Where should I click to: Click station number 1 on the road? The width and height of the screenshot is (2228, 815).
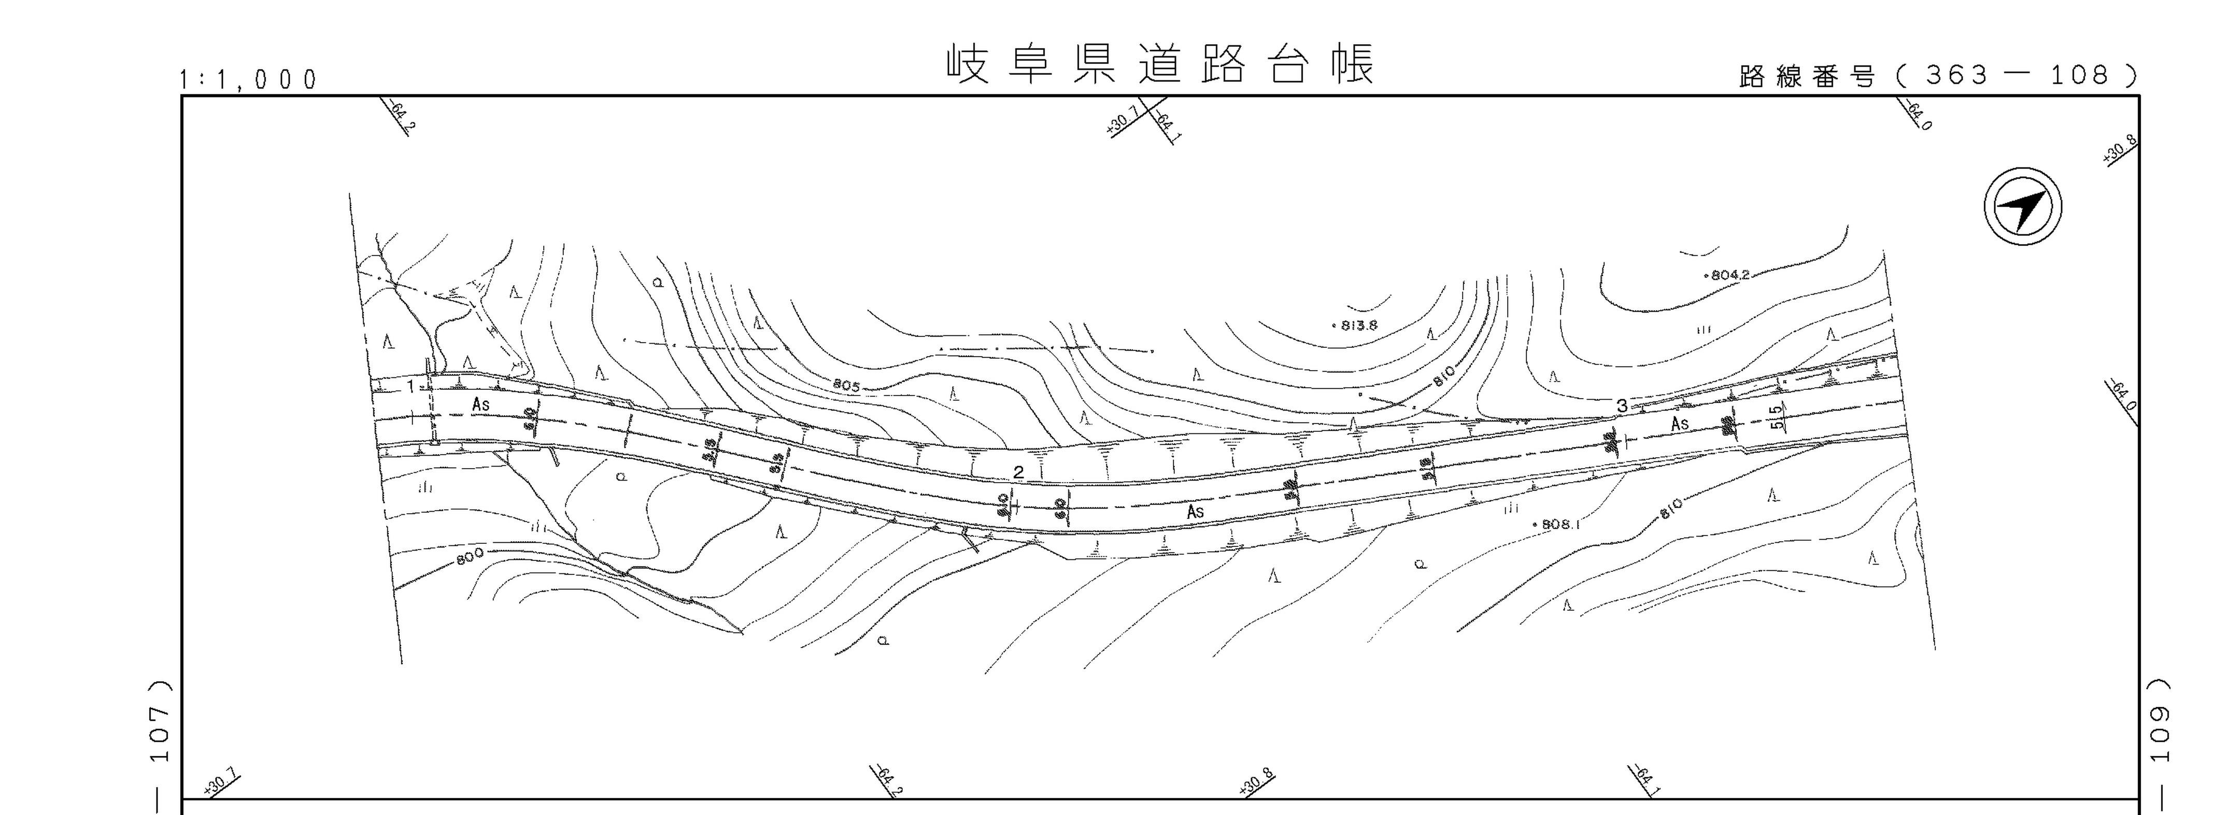pyautogui.click(x=411, y=386)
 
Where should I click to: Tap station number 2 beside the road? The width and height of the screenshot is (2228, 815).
pyautogui.click(x=1019, y=471)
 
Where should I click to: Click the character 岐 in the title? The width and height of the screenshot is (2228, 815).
pyautogui.click(x=967, y=64)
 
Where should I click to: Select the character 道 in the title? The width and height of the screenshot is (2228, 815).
pyautogui.click(x=1160, y=64)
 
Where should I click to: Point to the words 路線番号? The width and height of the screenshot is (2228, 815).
pyautogui.click(x=1807, y=77)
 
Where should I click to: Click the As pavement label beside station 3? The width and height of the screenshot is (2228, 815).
pyautogui.click(x=1680, y=424)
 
